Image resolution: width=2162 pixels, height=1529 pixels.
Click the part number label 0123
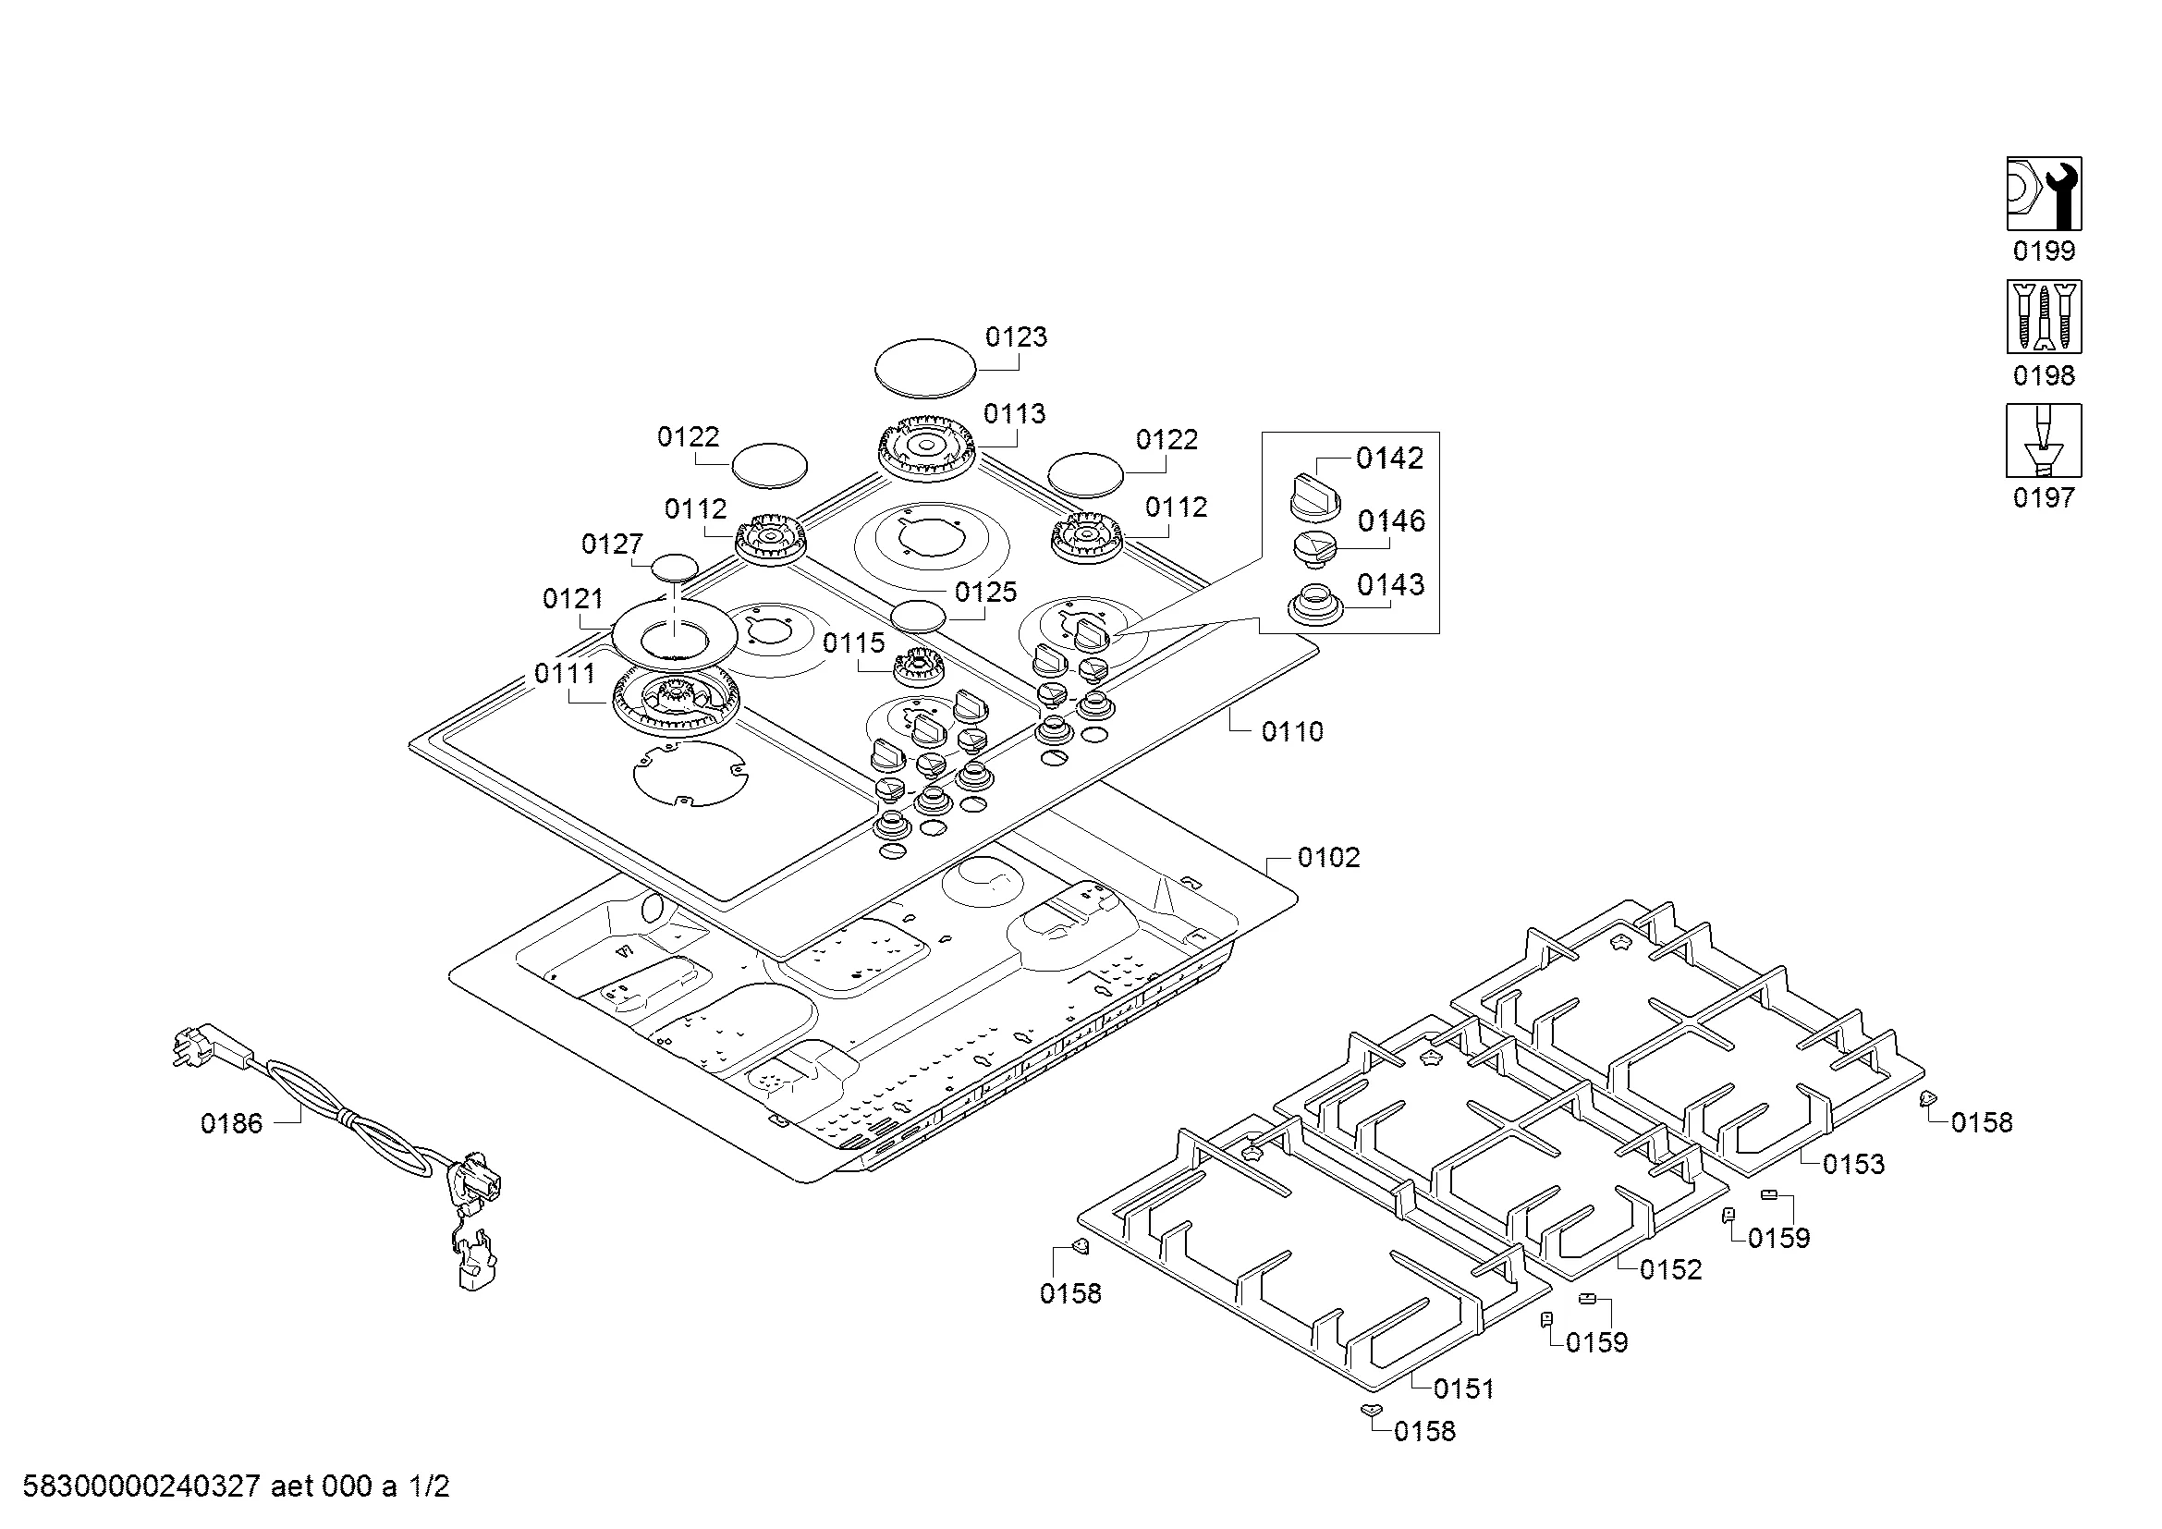pyautogui.click(x=1015, y=337)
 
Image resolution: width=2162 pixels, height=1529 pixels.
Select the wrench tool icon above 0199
pyautogui.click(x=2044, y=194)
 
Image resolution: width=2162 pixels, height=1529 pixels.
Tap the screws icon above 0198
pyautogui.click(x=2044, y=316)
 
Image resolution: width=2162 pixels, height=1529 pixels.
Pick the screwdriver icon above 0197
pyautogui.click(x=2044, y=441)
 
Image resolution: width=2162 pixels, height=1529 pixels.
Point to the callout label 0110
pyautogui.click(x=1292, y=731)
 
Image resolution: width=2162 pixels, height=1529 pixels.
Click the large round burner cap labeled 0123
pyautogui.click(x=924, y=368)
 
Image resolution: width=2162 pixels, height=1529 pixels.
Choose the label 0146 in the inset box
pyautogui.click(x=1391, y=521)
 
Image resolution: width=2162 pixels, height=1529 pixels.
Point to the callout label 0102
pyautogui.click(x=1327, y=858)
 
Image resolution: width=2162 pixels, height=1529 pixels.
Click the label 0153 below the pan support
pyautogui.click(x=1853, y=1165)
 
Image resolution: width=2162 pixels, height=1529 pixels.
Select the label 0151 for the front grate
pyautogui.click(x=1463, y=1388)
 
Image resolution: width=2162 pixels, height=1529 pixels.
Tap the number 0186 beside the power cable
pyautogui.click(x=232, y=1124)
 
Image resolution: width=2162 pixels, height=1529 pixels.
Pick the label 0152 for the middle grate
pyautogui.click(x=1670, y=1270)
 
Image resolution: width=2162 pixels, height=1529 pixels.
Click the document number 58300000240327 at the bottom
pyautogui.click(x=141, y=1487)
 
